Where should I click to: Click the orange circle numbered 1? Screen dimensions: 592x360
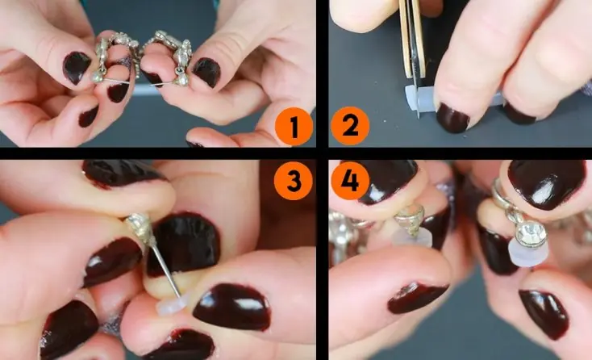294,127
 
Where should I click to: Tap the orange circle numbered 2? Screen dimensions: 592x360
350,126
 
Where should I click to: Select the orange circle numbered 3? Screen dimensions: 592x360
294,181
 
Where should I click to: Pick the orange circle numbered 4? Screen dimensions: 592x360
350,181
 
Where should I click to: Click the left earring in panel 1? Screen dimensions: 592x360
113,57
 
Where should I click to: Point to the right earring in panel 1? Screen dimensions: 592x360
170,57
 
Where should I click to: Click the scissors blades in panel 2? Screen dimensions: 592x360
414,57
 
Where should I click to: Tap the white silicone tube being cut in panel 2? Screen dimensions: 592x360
419,99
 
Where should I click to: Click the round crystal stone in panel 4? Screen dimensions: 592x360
531,234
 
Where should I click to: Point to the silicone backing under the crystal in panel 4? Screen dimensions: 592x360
526,254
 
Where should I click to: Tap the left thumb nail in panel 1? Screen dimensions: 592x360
77,67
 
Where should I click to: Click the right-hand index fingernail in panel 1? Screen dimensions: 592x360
206,72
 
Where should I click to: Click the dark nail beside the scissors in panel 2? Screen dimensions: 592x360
452,118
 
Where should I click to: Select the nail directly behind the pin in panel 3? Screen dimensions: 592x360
183,245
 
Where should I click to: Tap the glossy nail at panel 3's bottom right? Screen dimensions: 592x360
231,307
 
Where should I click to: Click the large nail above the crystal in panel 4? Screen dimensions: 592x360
546,183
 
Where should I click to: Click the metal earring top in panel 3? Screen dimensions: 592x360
140,228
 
